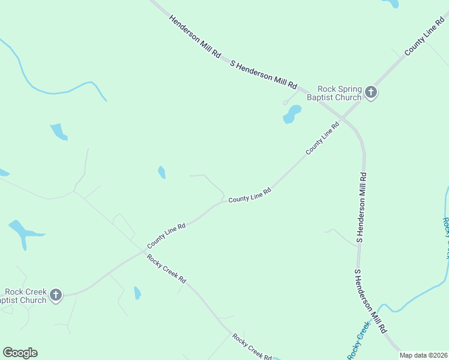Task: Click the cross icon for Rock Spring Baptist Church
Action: [x=371, y=92]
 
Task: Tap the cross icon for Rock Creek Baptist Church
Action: [x=56, y=295]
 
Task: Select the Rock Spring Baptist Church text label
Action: [x=334, y=92]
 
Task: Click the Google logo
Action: [x=20, y=353]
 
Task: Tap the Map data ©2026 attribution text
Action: [x=423, y=355]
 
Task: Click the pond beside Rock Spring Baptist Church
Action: [x=292, y=114]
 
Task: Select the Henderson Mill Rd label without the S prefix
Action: [x=195, y=36]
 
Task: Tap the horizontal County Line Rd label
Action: [x=250, y=195]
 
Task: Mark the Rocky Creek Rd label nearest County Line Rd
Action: [x=166, y=269]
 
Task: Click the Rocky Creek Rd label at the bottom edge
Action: [x=252, y=346]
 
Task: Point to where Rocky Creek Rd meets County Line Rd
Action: [x=143, y=253]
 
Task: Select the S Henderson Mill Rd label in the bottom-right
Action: [x=370, y=302]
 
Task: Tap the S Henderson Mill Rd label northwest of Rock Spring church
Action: [x=264, y=73]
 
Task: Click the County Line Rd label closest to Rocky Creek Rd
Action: [x=165, y=235]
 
